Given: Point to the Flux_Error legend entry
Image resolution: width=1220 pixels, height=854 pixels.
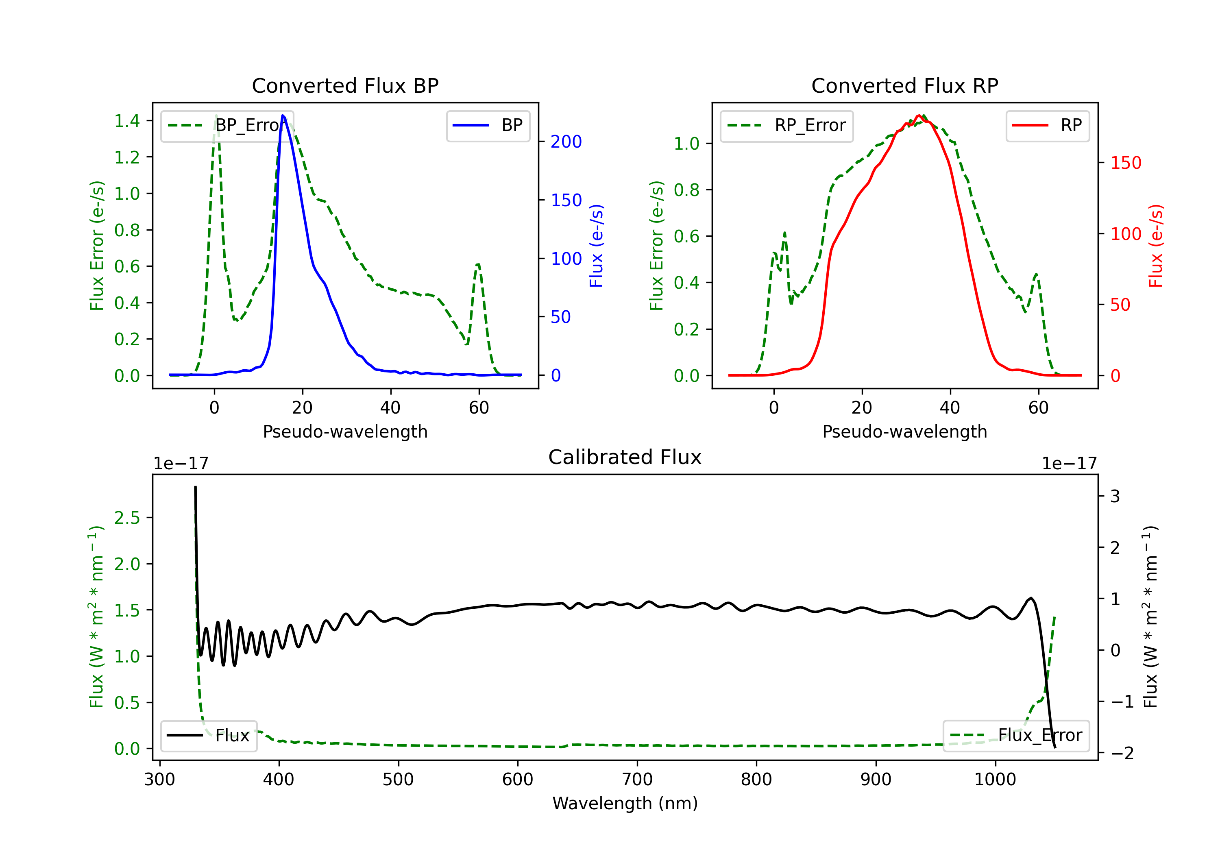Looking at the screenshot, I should (x=1015, y=736).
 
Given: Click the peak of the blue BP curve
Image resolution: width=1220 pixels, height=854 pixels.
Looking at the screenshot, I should (x=283, y=115).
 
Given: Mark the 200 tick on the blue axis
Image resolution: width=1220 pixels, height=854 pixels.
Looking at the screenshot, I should (x=566, y=142).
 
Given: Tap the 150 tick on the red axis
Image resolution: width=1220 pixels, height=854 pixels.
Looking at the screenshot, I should (x=1125, y=163).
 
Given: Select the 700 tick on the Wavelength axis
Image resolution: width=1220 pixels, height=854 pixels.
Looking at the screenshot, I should (x=637, y=780).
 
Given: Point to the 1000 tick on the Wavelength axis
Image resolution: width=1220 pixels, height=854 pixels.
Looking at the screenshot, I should (x=995, y=780).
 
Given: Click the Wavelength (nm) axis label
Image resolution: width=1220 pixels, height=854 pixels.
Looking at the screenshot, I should (x=625, y=804).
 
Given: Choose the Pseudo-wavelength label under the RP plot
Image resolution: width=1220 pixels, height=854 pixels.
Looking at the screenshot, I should (x=904, y=432).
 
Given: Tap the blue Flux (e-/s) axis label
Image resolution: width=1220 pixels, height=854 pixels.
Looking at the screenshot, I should (x=596, y=246).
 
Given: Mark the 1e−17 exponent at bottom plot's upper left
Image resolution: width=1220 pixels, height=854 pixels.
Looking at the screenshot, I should (x=181, y=464).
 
